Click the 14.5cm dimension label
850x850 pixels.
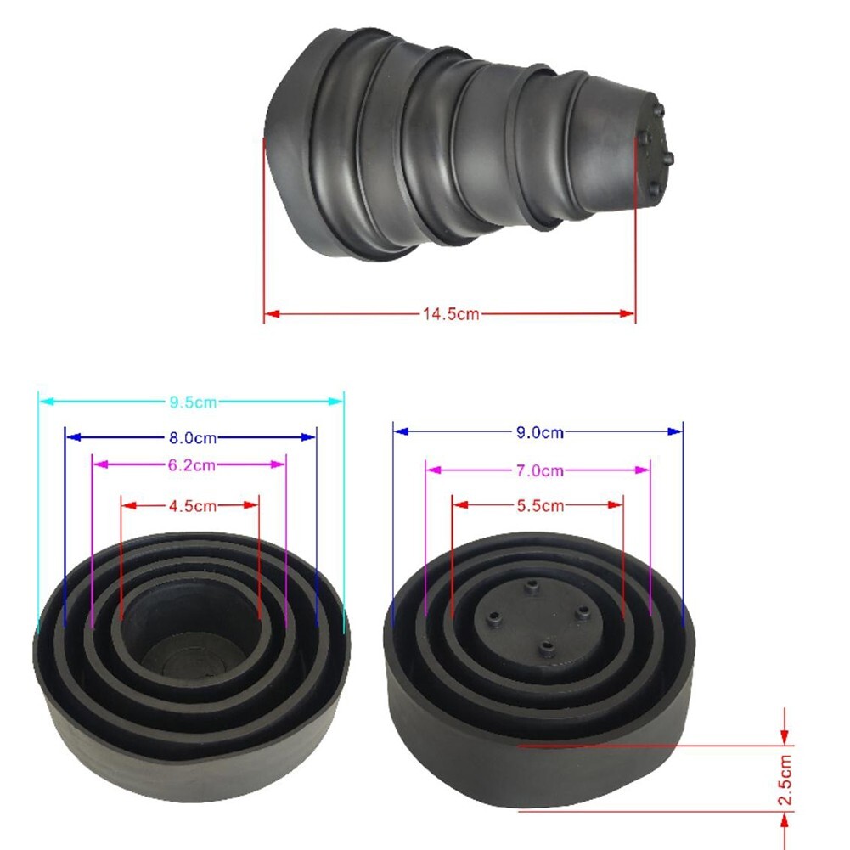[x=450, y=314]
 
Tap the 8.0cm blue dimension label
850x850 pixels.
[x=192, y=437]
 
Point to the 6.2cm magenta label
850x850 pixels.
[x=191, y=464]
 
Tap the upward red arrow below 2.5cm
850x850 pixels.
[x=785, y=820]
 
